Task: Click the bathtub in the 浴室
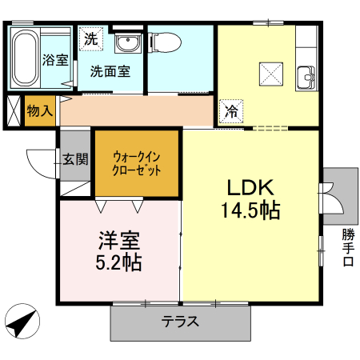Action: (x=26, y=58)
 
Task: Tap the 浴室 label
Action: (x=54, y=59)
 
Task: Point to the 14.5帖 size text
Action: (x=250, y=211)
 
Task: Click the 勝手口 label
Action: (x=348, y=249)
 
